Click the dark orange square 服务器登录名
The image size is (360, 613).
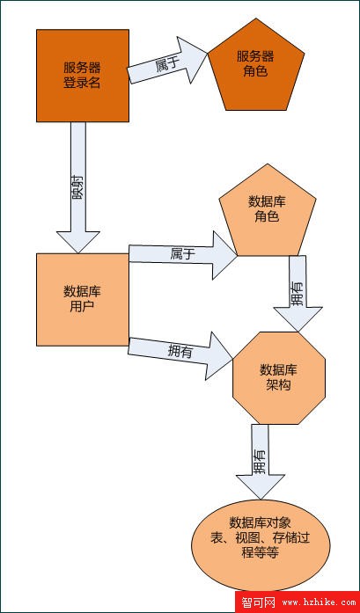pyautogui.click(x=83, y=76)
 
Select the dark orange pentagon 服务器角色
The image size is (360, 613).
pyautogui.click(x=256, y=67)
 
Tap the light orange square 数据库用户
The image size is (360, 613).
pyautogui.click(x=83, y=299)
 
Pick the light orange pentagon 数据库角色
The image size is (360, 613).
pyautogui.click(x=268, y=212)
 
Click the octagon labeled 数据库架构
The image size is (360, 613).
pyautogui.click(x=279, y=378)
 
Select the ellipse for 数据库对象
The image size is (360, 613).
pyautogui.click(x=261, y=545)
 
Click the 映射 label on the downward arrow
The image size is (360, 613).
pyautogui.click(x=77, y=190)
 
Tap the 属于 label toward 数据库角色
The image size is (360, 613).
pyautogui.click(x=182, y=254)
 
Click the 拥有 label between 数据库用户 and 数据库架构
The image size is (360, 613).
pyautogui.click(x=180, y=351)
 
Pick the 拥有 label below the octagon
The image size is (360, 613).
pyautogui.click(x=261, y=462)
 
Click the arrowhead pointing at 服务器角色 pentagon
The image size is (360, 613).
pyautogui.click(x=192, y=59)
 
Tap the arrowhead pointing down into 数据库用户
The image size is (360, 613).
pyautogui.click(x=78, y=242)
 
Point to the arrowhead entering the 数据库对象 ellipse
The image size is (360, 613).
pyautogui.click(x=261, y=487)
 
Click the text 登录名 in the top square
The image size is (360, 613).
pyautogui.click(x=82, y=83)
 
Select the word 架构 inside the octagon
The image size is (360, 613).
pyautogui.click(x=279, y=385)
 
